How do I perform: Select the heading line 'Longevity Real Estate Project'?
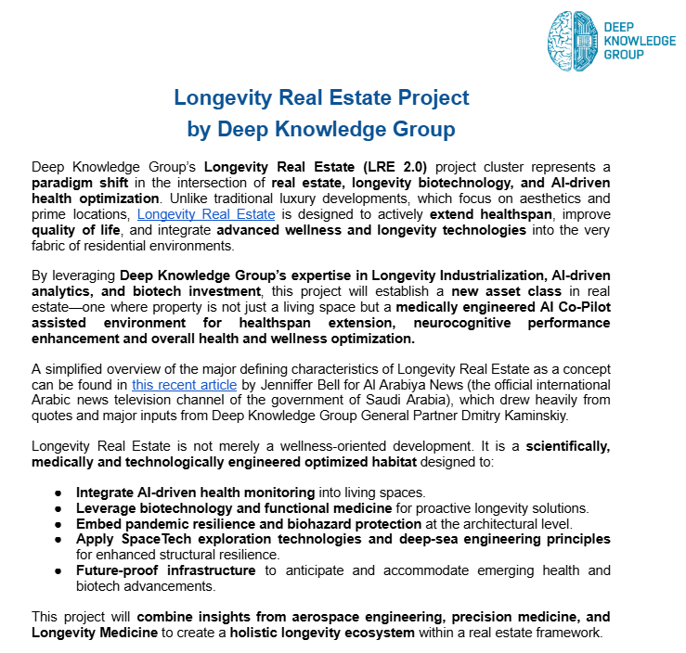click(321, 97)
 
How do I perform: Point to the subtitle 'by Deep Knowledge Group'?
click(321, 129)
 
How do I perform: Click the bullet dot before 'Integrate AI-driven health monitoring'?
click(58, 492)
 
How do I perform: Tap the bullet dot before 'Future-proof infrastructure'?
click(58, 570)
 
